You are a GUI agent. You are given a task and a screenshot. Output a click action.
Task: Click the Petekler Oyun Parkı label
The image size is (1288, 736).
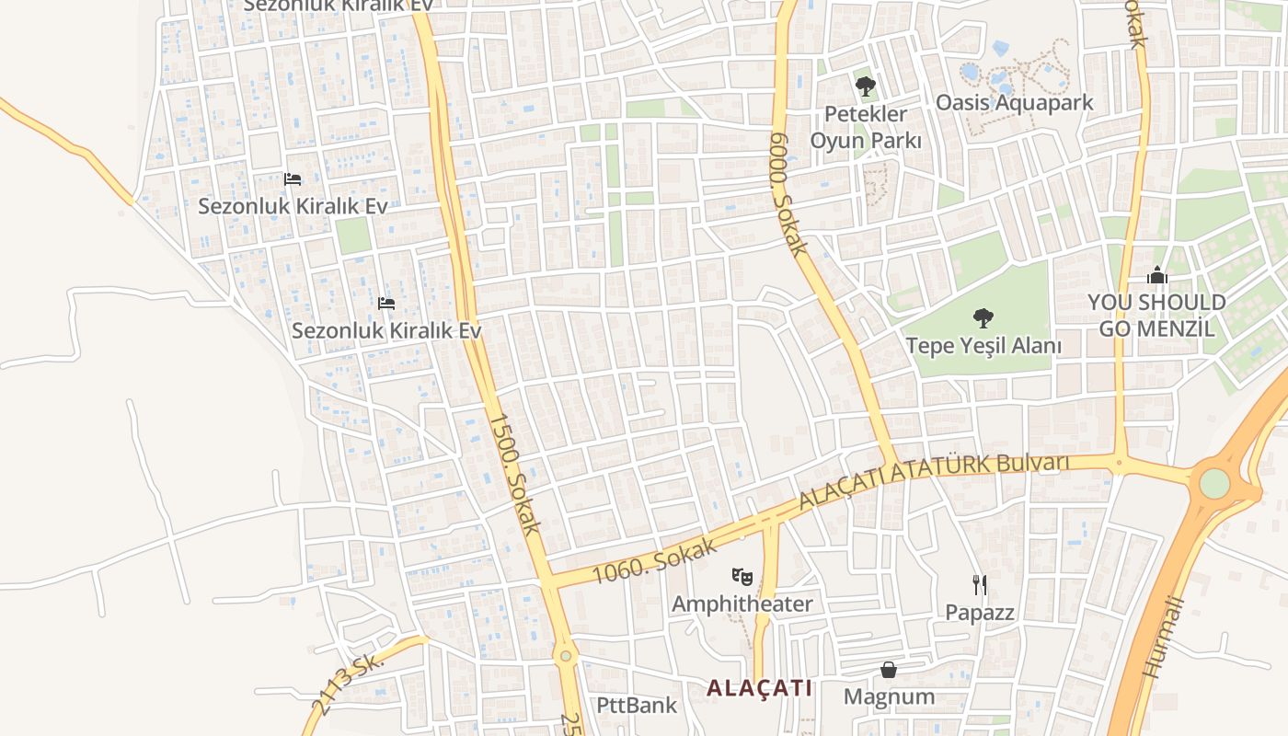click(x=865, y=127)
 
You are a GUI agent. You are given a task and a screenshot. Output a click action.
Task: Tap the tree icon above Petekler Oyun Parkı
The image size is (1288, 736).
click(x=865, y=87)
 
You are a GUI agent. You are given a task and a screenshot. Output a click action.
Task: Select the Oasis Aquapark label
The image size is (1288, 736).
click(x=1014, y=102)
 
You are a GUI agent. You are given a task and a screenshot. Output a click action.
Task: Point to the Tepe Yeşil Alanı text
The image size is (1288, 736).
click(x=983, y=346)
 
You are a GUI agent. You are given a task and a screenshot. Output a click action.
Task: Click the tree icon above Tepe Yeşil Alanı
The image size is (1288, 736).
click(x=983, y=318)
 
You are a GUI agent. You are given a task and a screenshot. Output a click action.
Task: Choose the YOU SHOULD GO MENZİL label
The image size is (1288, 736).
click(x=1156, y=315)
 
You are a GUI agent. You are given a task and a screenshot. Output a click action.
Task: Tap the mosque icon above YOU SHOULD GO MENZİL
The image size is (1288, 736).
click(x=1156, y=275)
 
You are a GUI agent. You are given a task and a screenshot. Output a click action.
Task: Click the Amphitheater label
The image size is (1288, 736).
click(x=742, y=604)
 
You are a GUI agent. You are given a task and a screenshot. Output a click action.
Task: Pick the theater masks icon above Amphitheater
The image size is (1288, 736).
click(x=742, y=577)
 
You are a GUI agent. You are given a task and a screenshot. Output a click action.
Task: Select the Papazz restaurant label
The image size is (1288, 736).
click(x=980, y=612)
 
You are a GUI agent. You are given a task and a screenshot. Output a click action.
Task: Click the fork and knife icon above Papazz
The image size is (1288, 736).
click(x=980, y=584)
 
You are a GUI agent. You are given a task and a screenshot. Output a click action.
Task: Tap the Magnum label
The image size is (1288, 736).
click(x=889, y=696)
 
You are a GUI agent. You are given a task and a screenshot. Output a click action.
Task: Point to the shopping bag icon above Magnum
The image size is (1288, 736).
click(x=889, y=670)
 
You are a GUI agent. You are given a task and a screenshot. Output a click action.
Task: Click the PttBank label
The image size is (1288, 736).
click(x=637, y=706)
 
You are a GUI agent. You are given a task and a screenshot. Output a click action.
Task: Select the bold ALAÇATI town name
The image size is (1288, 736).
click(x=760, y=688)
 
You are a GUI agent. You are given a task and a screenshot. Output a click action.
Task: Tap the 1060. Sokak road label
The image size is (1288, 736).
click(x=655, y=560)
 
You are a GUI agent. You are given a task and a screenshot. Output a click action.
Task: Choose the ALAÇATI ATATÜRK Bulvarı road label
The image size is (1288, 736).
click(x=934, y=479)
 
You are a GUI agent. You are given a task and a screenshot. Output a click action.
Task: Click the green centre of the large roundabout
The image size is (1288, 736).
click(x=1214, y=483)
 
